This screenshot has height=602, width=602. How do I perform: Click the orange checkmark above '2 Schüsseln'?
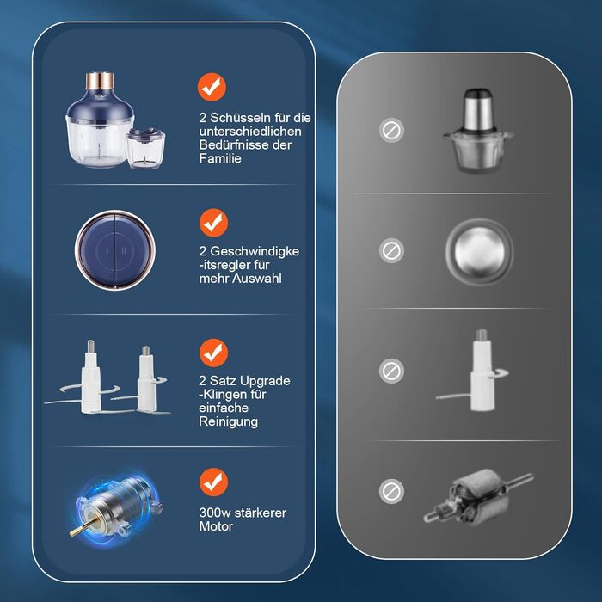(212, 87)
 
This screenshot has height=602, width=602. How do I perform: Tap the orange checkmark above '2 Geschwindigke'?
(213, 223)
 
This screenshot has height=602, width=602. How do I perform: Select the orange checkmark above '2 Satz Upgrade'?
(213, 353)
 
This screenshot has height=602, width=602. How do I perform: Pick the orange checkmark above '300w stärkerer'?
(213, 482)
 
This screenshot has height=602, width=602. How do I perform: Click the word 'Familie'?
(220, 158)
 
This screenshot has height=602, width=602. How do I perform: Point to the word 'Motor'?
(216, 526)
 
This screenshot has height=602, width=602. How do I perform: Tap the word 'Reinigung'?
(228, 421)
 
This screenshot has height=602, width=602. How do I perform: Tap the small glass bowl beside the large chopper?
(146, 149)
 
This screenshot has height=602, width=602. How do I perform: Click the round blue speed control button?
(115, 250)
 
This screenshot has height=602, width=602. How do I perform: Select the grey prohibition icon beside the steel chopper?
(391, 130)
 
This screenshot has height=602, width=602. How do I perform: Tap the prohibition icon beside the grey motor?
(391, 491)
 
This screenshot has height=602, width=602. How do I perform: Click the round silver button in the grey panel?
(479, 251)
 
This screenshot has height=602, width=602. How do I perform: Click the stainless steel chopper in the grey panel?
(478, 131)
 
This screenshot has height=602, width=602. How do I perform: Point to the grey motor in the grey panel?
(479, 496)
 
